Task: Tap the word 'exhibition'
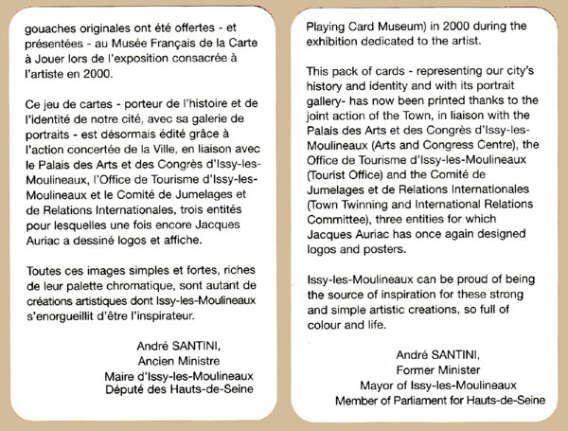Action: (341, 42)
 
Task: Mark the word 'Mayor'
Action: (378, 386)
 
